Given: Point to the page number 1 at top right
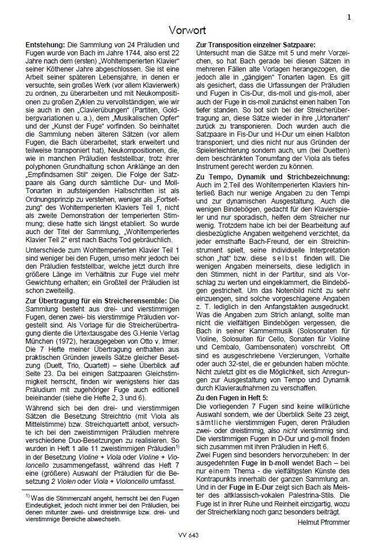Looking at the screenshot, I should pyautogui.click(x=349, y=18).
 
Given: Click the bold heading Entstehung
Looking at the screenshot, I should pyautogui.click(x=46, y=44).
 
